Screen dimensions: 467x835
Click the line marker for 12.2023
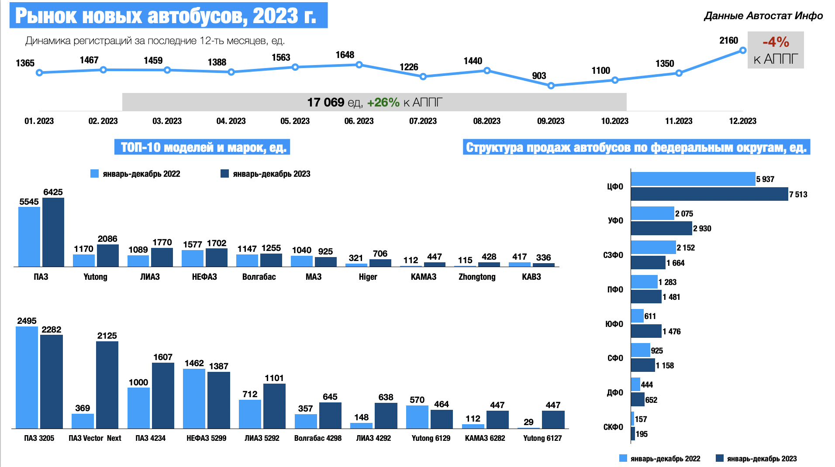click(x=743, y=51)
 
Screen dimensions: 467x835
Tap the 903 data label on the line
click(x=539, y=76)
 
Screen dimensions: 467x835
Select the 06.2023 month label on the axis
click(x=359, y=121)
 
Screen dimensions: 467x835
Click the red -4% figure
click(x=776, y=42)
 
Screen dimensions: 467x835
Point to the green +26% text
click(x=383, y=103)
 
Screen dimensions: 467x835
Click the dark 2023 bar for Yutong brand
click(x=108, y=256)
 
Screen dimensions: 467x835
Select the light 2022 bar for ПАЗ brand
click(x=29, y=237)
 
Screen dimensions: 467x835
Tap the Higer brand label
click(x=368, y=277)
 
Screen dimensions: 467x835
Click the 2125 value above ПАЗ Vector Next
click(x=107, y=336)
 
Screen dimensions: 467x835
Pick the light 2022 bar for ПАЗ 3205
click(x=27, y=378)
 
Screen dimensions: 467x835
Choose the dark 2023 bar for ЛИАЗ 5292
click(x=274, y=406)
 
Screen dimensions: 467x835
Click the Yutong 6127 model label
click(x=542, y=438)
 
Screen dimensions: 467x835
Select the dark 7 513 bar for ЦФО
click(x=709, y=194)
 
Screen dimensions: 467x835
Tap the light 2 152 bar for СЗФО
click(x=653, y=247)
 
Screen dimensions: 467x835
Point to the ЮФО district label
click(x=614, y=324)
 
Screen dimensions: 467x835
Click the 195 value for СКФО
click(x=642, y=434)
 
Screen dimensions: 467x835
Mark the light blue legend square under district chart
click(x=623, y=458)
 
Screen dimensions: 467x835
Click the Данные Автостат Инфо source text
click(x=763, y=16)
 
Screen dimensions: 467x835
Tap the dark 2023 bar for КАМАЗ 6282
click(x=497, y=419)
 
